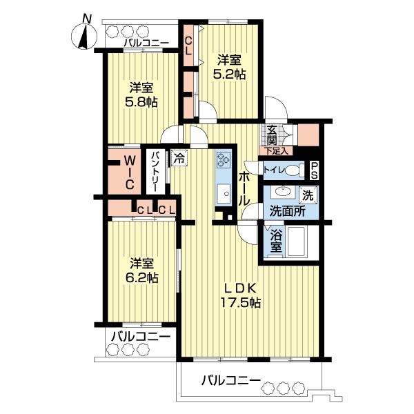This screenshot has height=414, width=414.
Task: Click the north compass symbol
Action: click(84, 37)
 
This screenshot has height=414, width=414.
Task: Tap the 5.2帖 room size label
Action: click(229, 75)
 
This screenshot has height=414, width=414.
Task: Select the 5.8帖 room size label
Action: click(141, 102)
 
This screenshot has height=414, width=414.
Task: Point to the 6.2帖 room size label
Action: click(141, 278)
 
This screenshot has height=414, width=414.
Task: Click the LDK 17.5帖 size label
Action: click(240, 296)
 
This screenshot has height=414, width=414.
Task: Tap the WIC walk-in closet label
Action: click(129, 172)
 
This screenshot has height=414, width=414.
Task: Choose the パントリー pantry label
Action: click(155, 171)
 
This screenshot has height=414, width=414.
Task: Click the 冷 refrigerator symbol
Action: click(179, 158)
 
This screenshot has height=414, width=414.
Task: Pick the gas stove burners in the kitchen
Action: click(224, 159)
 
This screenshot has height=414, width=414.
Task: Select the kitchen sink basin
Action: click(224, 193)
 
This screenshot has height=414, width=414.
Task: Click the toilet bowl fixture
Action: click(295, 170)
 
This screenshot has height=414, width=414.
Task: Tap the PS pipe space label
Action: click(314, 170)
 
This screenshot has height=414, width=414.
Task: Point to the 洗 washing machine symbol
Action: click(308, 195)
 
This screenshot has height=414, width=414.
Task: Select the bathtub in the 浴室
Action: click(296, 241)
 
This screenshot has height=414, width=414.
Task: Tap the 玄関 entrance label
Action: click(272, 135)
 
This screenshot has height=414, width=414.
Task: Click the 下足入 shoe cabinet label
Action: click(276, 151)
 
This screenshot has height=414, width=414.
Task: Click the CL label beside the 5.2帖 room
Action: click(188, 46)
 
